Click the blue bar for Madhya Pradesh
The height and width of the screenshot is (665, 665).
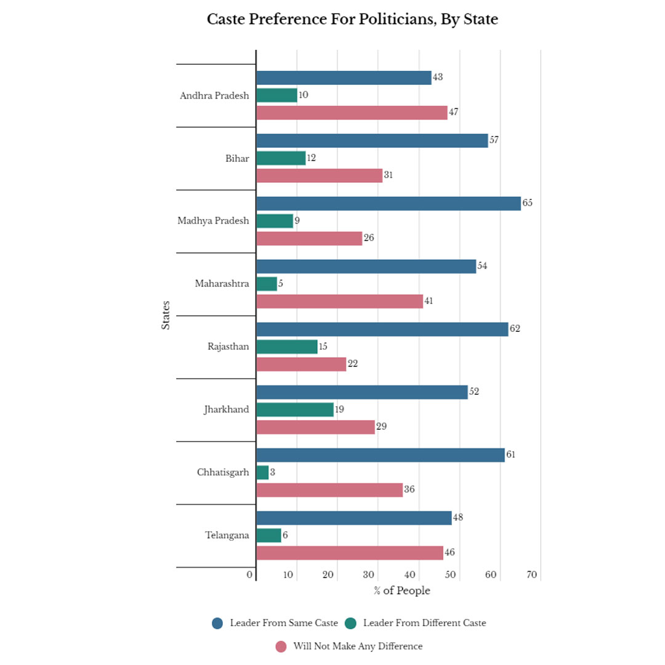388,203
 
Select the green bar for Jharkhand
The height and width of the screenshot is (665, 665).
294,409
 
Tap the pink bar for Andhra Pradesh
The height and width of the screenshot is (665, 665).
352,113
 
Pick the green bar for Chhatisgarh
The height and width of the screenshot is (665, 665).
262,472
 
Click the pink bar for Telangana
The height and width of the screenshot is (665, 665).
349,552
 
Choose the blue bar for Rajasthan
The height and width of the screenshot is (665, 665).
382,329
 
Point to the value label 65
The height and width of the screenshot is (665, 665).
527,203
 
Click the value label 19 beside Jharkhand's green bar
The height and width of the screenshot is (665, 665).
339,409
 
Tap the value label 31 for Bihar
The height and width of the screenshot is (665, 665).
388,175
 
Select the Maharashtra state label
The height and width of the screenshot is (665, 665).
222,284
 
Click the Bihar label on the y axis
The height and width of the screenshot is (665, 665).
237,158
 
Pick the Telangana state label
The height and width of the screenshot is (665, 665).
227,535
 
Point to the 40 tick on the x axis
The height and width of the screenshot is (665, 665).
409,575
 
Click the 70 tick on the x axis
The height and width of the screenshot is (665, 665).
532,575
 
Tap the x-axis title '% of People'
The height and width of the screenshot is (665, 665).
401,591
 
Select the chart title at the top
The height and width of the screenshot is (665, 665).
352,20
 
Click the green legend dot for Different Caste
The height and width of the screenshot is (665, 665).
350,623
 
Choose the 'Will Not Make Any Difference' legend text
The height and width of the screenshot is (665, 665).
358,647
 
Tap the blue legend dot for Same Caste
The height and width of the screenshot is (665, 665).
217,623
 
